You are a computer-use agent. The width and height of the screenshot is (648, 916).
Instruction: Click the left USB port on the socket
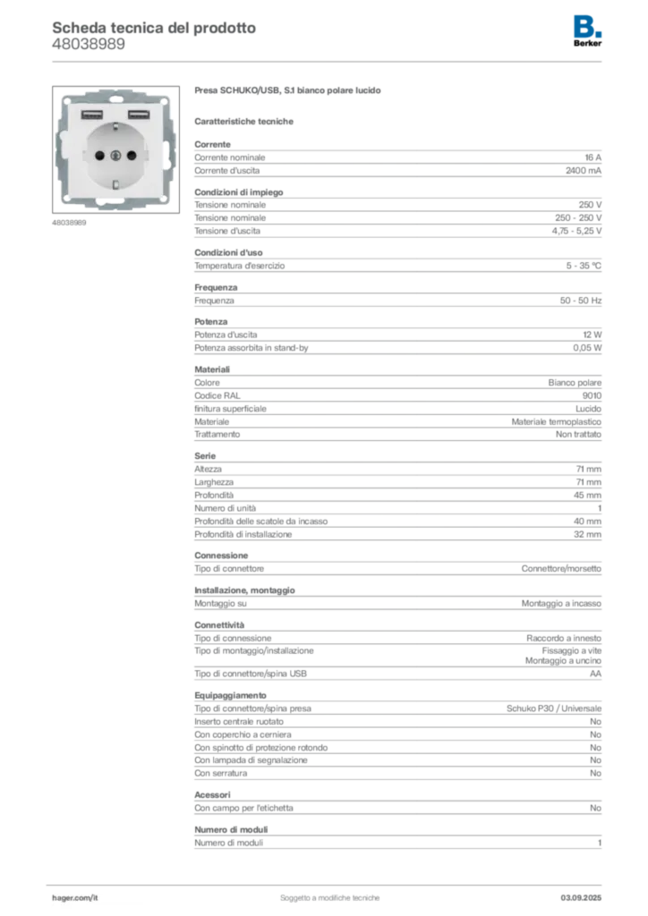tap(90, 115)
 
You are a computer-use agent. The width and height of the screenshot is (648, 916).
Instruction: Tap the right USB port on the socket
tap(138, 115)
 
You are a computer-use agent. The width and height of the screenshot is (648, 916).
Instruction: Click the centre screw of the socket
tap(115, 154)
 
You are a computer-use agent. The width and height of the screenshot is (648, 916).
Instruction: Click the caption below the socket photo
tap(71, 225)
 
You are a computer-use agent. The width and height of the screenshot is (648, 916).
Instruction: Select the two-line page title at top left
tap(153, 35)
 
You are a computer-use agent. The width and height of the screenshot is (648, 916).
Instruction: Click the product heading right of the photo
tap(290, 92)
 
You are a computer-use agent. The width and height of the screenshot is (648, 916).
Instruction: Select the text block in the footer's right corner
tap(588, 892)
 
